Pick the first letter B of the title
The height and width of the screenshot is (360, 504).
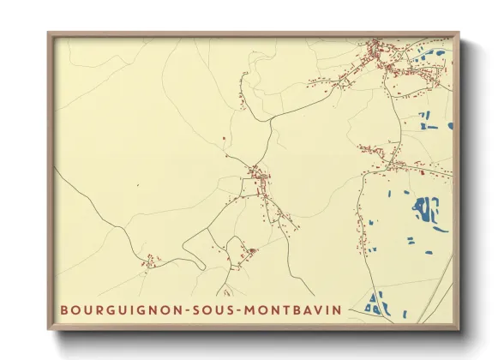coord(64,309)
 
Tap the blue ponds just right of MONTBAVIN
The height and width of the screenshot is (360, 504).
coord(375,303)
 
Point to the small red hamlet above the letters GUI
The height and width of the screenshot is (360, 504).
coord(150,261)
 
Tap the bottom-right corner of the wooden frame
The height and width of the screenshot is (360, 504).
coord(459,329)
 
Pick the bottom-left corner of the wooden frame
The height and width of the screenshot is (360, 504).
coord(49,329)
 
